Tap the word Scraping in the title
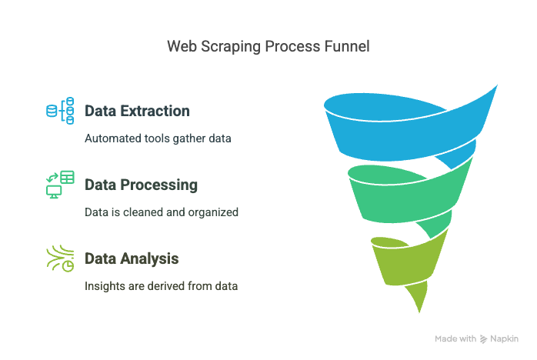point(231,47)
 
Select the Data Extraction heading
point(137,111)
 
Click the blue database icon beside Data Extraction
point(60,111)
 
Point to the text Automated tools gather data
point(158,138)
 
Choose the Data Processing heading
point(141,185)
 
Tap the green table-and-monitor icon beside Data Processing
point(60,185)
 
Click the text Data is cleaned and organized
point(162,212)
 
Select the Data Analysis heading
point(132,258)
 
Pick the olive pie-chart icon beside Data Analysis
point(60,258)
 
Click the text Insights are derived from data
point(162,286)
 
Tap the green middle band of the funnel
point(408,202)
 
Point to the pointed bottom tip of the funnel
point(419,312)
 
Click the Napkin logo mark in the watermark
point(483,339)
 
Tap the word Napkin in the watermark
point(504,339)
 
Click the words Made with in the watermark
point(455,338)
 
